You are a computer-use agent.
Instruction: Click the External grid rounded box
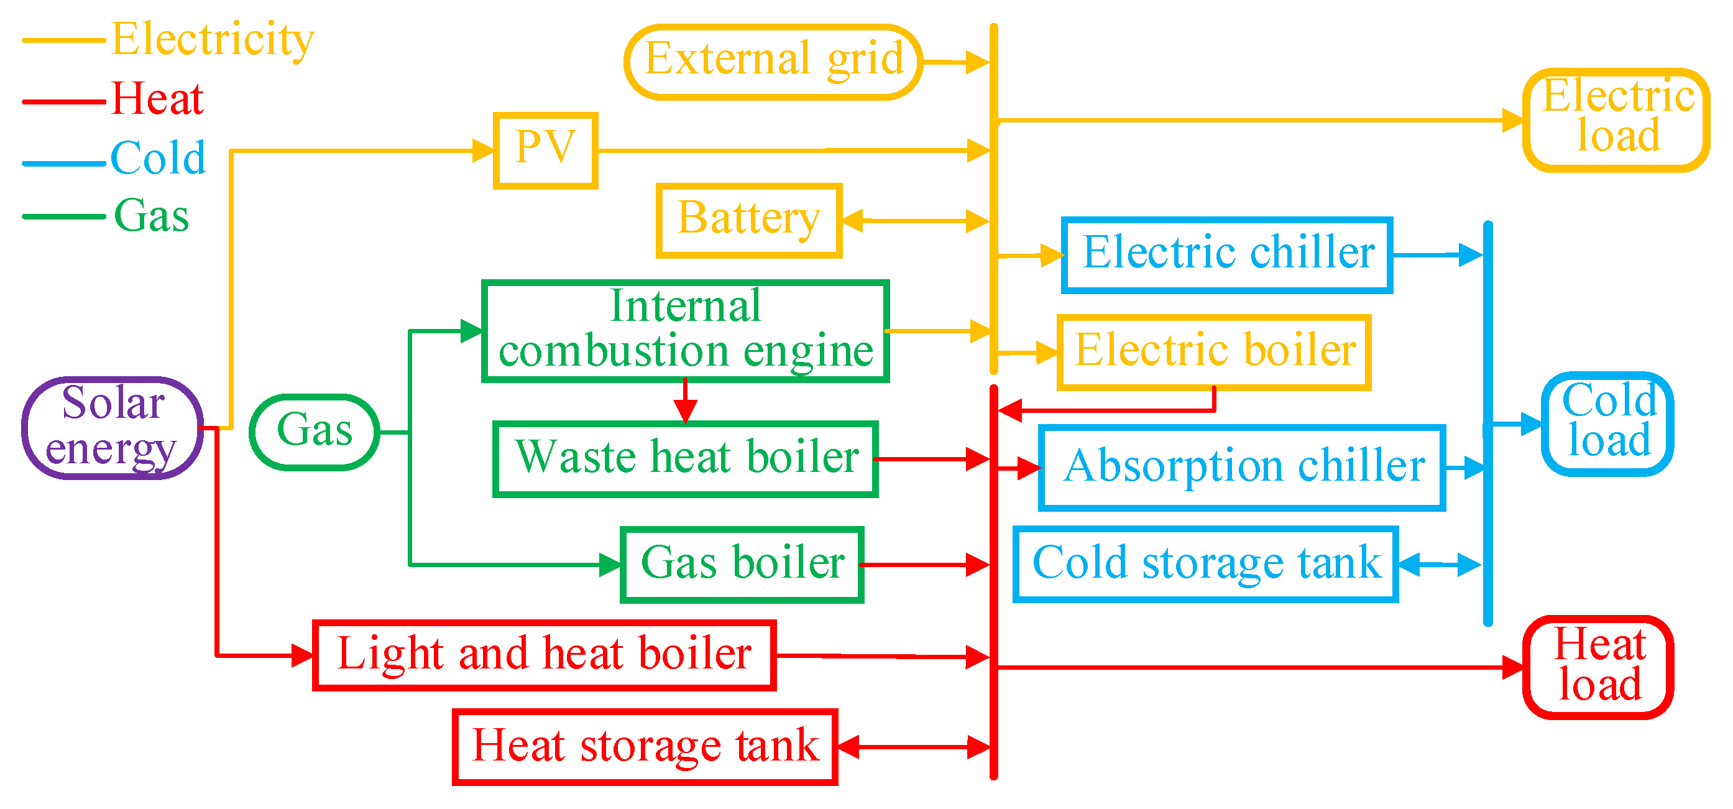(x=773, y=62)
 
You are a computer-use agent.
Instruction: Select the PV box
(x=546, y=150)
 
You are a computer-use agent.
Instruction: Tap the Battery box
(x=749, y=220)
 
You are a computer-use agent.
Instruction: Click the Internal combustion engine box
(x=685, y=330)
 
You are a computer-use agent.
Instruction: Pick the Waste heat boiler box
(x=685, y=459)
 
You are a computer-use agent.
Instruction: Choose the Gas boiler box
(x=742, y=564)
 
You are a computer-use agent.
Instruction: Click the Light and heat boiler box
(x=545, y=655)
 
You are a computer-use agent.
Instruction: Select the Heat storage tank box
(x=645, y=746)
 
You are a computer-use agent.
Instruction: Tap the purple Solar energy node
(x=113, y=427)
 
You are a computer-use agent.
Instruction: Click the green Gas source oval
(x=314, y=432)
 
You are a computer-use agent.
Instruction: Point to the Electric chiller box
(x=1226, y=254)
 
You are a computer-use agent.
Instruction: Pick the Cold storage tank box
(x=1205, y=564)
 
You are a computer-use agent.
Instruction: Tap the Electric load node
(x=1617, y=120)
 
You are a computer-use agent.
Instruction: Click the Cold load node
(x=1607, y=423)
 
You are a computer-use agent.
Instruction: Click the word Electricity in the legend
(x=212, y=39)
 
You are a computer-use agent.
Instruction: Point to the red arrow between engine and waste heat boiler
(x=685, y=402)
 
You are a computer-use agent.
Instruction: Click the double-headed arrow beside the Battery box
(x=915, y=220)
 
